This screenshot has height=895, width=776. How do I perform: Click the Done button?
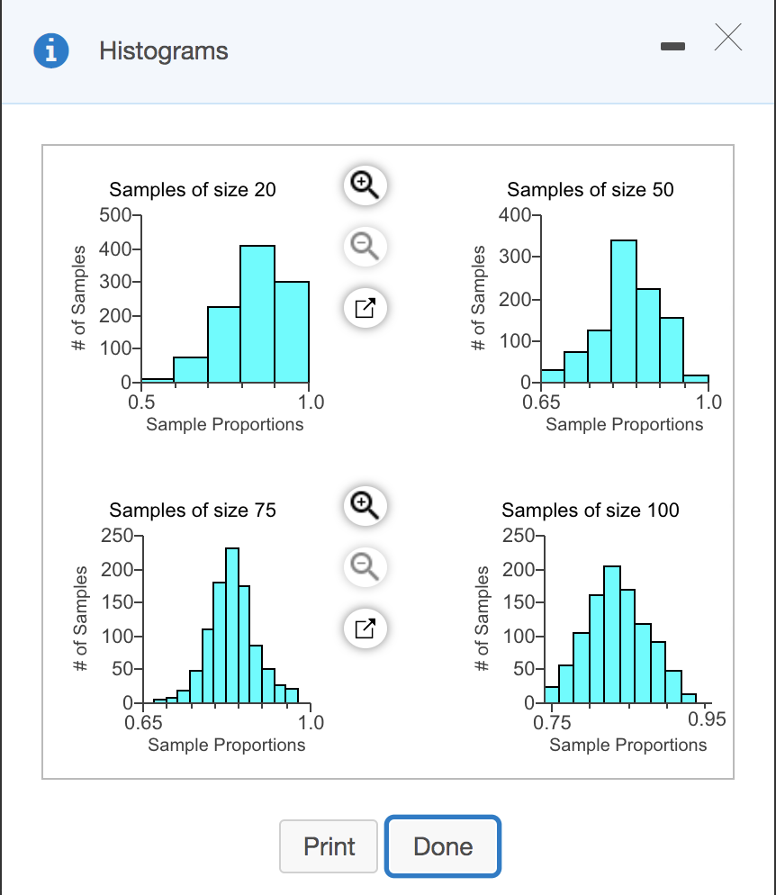[x=442, y=846]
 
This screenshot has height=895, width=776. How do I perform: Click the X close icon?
[x=729, y=38]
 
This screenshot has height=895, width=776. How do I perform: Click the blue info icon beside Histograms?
[x=51, y=51]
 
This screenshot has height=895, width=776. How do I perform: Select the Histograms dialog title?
[x=164, y=51]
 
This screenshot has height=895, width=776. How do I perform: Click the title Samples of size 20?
[x=193, y=190]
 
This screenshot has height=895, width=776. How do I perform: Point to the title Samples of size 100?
[x=591, y=511]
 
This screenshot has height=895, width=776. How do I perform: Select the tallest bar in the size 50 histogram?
[x=624, y=311]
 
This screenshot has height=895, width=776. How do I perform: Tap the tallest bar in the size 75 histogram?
[x=232, y=625]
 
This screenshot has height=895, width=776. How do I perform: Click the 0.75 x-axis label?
[x=552, y=721]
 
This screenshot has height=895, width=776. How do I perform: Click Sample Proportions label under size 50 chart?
[x=624, y=424]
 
